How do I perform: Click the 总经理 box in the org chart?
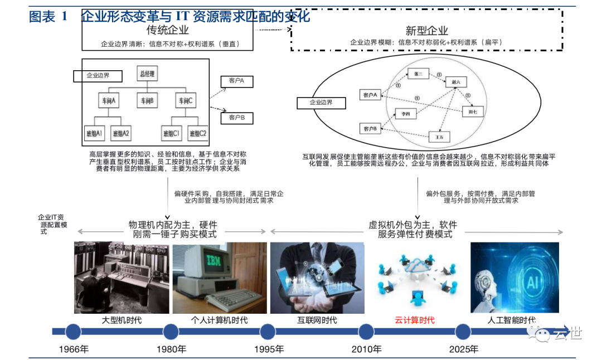[147, 74]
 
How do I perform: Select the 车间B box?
[147, 101]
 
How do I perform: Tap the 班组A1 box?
[95, 134]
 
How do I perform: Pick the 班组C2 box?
[197, 134]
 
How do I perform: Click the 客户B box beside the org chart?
[237, 118]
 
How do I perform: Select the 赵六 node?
[454, 82]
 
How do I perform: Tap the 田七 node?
[472, 111]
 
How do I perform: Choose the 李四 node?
[405, 114]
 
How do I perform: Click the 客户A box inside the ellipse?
[370, 95]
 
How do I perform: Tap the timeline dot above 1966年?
[73, 332]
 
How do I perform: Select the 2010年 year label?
[366, 349]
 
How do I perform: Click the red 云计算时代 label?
[414, 320]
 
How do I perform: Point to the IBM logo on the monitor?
[214, 261]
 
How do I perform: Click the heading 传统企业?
[168, 30]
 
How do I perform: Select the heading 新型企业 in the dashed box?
[426, 31]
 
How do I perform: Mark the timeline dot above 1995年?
[268, 332]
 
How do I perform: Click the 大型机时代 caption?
[121, 320]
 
